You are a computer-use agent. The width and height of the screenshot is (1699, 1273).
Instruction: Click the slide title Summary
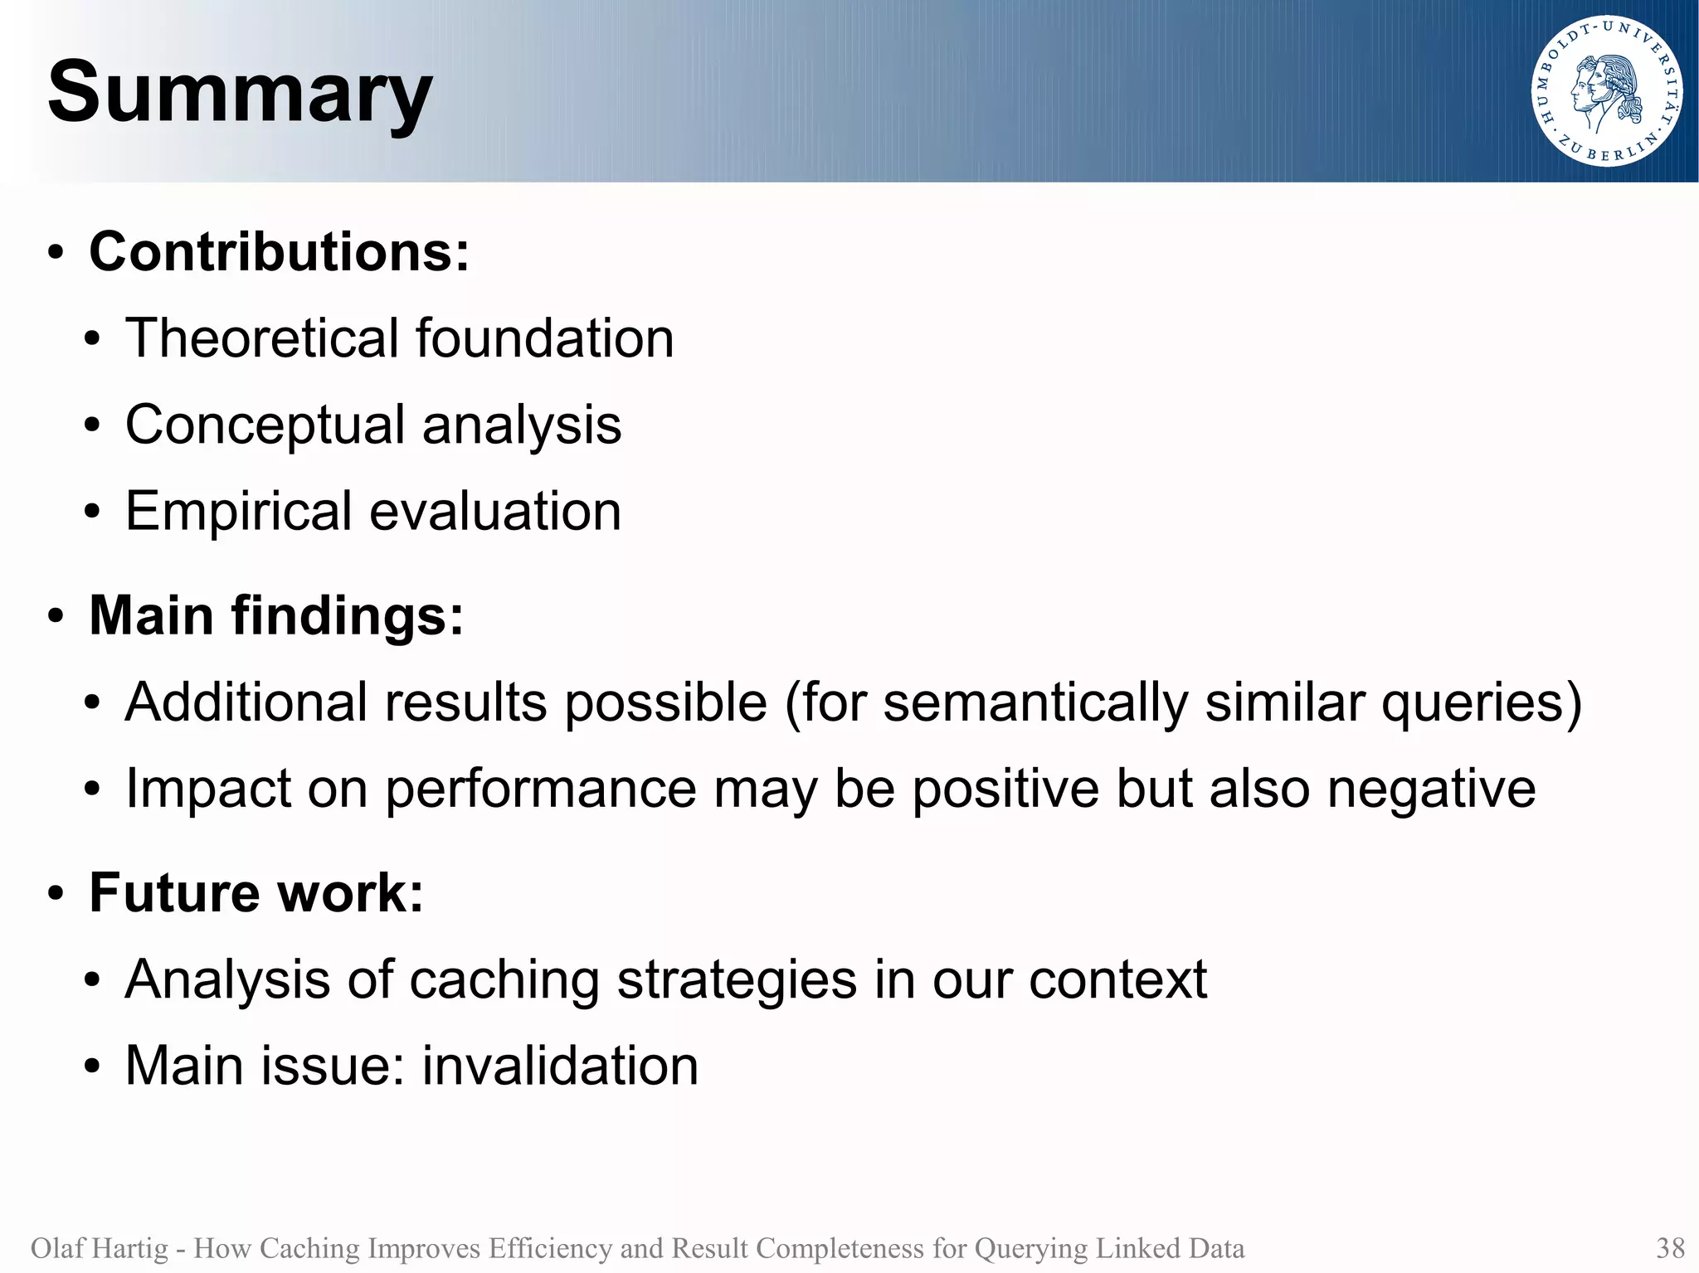point(240,93)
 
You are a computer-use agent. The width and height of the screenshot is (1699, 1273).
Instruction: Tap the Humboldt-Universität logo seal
point(1607,91)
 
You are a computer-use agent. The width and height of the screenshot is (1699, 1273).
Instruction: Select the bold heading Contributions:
point(279,251)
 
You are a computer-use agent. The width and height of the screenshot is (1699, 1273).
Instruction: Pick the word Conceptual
point(264,425)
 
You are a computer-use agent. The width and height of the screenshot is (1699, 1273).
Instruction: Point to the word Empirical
point(239,511)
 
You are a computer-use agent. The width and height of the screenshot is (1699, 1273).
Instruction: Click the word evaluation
point(495,511)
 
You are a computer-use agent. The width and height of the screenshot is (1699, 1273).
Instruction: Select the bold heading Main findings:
point(276,615)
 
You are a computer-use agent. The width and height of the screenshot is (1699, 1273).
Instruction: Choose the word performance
point(540,789)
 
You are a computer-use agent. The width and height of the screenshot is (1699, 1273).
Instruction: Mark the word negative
point(1431,789)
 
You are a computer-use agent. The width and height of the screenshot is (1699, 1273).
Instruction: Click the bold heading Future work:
point(256,893)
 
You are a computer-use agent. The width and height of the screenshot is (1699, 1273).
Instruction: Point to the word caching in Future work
point(504,980)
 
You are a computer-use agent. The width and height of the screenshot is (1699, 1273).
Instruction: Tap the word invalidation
point(560,1066)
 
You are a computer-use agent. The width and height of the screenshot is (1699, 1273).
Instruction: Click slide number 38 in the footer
point(1670,1248)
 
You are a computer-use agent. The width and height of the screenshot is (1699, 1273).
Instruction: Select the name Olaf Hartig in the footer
point(99,1248)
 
